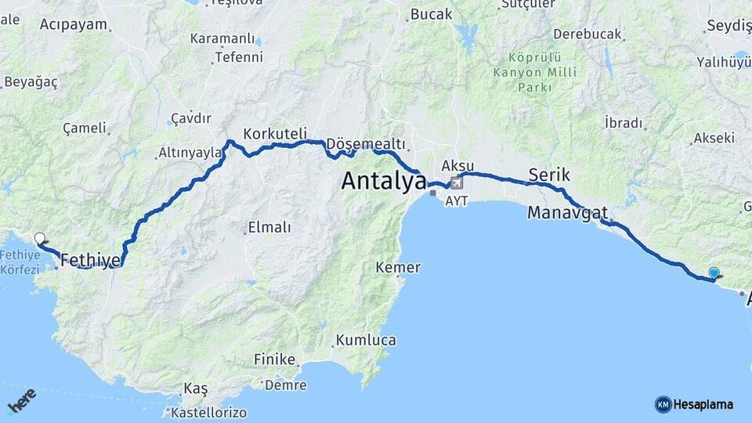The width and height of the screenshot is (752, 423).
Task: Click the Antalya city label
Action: (x=384, y=182)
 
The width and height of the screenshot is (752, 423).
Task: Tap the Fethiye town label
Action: (x=90, y=259)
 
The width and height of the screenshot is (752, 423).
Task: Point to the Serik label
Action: (x=549, y=174)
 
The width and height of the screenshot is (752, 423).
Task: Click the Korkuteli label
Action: (x=275, y=133)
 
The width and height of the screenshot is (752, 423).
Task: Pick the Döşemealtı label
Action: (x=366, y=144)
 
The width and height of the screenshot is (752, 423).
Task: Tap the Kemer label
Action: (x=398, y=268)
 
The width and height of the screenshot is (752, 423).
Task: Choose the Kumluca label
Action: (x=366, y=340)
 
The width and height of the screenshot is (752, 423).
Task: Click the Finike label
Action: (x=275, y=359)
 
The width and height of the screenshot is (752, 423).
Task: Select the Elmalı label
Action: (x=269, y=227)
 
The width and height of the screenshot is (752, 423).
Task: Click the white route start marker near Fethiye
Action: (x=40, y=238)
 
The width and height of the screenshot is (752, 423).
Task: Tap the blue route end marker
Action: (x=714, y=273)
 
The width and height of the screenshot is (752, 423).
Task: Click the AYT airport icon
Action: (x=457, y=183)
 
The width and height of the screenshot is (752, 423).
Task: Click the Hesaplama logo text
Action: (x=703, y=404)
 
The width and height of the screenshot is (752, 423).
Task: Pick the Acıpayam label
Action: (x=73, y=24)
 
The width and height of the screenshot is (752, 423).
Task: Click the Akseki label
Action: (x=714, y=138)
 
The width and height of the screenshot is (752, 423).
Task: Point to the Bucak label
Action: (x=432, y=14)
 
